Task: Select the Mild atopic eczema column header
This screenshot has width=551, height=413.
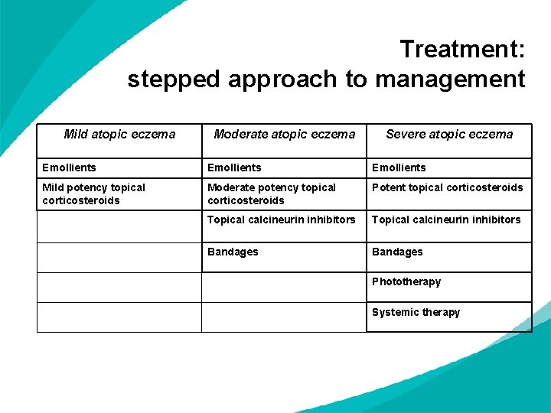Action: [119, 135]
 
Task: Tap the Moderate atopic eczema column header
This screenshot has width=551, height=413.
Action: [285, 135]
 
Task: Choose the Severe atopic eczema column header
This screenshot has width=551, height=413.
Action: [449, 135]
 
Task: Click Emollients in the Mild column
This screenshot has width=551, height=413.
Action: [70, 167]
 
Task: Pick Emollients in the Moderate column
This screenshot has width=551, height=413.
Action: [234, 167]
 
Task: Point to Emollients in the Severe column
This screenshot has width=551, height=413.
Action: [399, 167]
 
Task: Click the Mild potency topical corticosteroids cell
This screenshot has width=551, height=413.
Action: [93, 193]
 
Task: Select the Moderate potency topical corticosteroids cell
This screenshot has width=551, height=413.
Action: [272, 193]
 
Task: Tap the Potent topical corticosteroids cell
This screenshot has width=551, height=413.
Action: [447, 187]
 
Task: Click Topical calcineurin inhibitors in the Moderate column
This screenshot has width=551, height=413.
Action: [282, 220]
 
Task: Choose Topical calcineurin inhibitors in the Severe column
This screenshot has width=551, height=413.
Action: [446, 220]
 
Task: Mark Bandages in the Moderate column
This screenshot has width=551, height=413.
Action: [233, 252]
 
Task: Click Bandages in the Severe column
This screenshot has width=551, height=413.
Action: [397, 252]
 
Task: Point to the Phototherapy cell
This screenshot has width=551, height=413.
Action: [406, 281]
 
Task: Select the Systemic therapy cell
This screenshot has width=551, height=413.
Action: [416, 312]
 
